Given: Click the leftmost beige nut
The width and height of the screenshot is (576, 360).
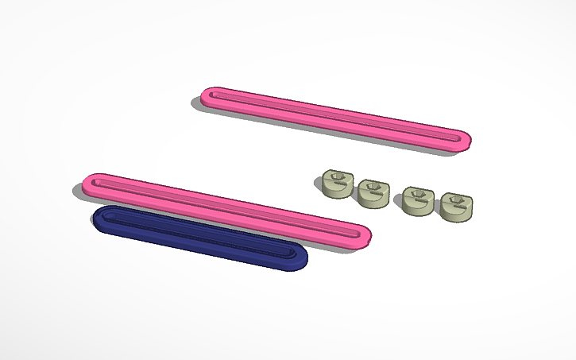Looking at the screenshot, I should (337, 184).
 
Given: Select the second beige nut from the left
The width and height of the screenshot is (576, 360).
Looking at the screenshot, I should (372, 192).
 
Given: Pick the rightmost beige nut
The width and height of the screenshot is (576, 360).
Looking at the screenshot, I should (457, 207).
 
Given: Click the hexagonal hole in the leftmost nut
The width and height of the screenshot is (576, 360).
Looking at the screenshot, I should (338, 178).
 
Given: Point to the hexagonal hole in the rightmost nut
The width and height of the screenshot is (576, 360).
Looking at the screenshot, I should (458, 201).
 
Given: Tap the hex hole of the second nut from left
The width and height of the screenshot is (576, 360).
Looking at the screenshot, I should (373, 188).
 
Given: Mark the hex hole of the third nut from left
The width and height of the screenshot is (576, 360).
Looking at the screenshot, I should (417, 195).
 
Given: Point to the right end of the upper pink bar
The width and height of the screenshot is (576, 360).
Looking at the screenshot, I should (462, 140).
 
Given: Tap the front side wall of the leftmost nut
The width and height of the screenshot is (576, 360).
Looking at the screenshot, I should (335, 192).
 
